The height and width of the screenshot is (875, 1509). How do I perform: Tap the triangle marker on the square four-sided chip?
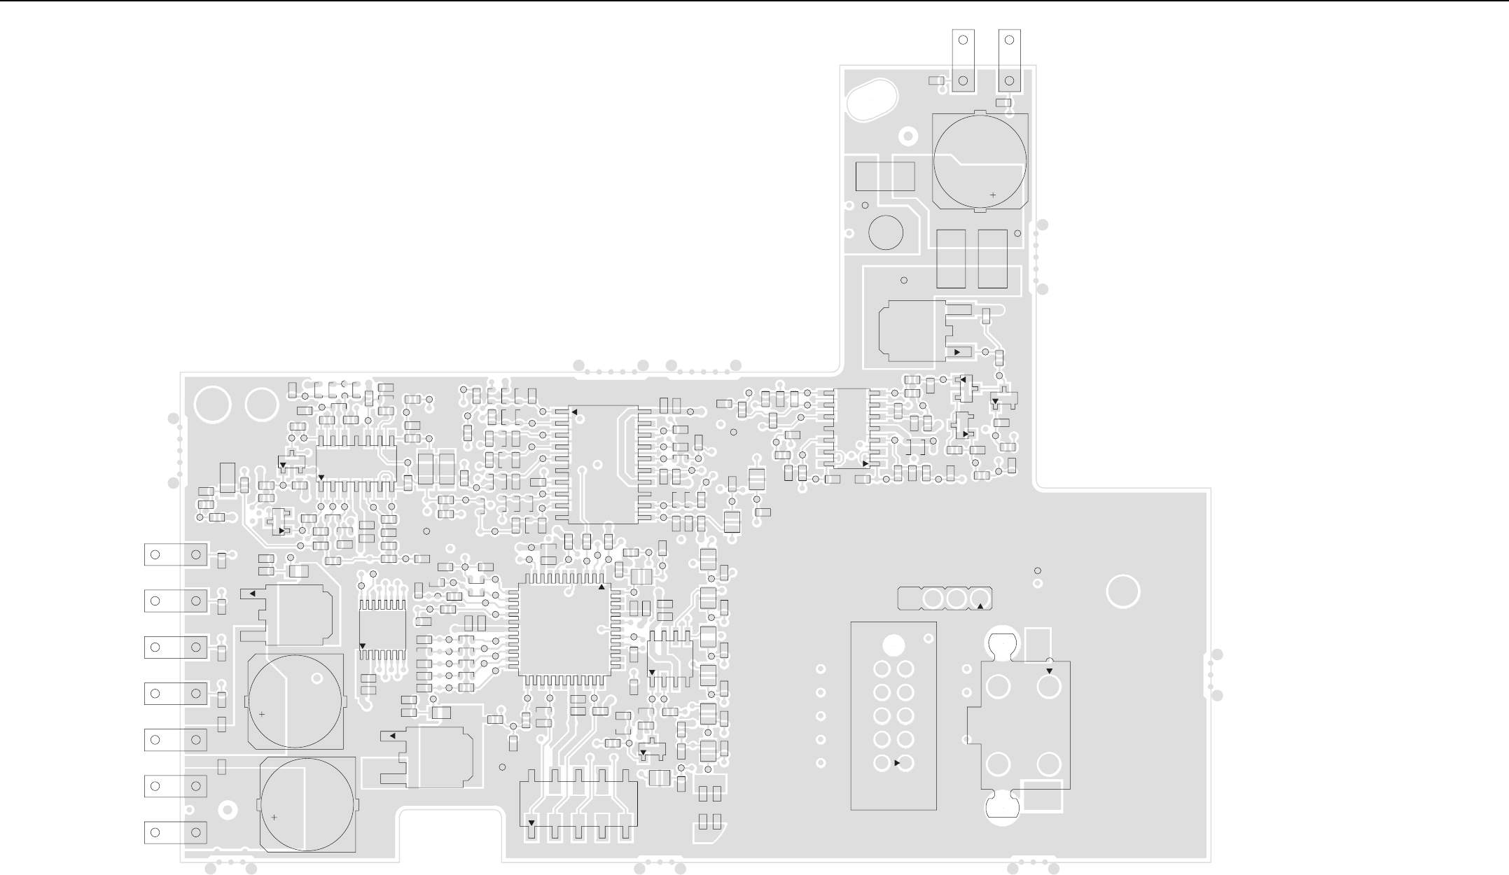[601, 587]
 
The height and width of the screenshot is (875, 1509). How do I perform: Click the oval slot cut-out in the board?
[872, 100]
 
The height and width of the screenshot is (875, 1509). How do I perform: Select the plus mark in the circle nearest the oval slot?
[992, 195]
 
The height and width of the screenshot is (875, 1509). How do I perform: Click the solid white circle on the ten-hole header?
[893, 644]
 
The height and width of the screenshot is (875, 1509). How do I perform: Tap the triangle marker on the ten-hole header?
[898, 763]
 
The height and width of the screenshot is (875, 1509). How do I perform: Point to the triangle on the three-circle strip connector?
[980, 605]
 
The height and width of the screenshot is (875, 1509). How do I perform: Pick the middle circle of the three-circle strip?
[956, 598]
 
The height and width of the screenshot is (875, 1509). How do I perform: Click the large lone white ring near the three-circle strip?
[1123, 591]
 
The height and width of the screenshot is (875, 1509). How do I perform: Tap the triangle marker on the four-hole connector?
[1049, 671]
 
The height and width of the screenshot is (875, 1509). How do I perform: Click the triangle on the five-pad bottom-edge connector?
[531, 822]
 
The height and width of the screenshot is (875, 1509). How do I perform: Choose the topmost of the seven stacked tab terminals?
[175, 554]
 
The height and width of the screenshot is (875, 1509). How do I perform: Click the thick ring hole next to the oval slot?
[908, 136]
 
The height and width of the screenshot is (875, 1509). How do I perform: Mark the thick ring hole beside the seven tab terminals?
[228, 810]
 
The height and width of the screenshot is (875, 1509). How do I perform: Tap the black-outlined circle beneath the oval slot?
[885, 232]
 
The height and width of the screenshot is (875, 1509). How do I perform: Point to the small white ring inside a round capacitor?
[317, 678]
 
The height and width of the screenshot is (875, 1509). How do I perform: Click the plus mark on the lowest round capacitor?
[274, 817]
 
